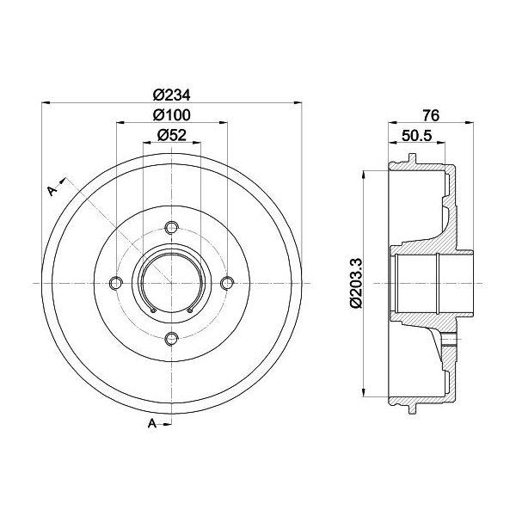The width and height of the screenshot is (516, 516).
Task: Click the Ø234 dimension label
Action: click(171, 95)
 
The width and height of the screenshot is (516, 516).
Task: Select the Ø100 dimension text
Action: click(171, 115)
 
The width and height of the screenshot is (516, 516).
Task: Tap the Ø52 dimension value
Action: click(171, 135)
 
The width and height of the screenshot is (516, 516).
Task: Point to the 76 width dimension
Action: click(431, 115)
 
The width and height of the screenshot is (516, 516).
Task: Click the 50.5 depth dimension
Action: click(416, 136)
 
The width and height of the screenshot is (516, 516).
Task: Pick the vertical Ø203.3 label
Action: click(356, 283)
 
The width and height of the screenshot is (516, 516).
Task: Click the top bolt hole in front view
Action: click(171, 227)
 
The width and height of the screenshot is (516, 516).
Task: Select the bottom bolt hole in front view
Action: click(171, 338)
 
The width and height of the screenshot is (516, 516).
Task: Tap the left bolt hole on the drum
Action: click(116, 283)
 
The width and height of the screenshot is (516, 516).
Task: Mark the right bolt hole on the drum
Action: click(227, 283)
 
